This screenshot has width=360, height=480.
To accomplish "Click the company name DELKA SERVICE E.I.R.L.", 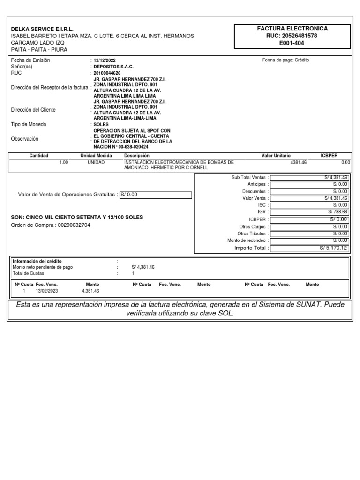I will (42, 29).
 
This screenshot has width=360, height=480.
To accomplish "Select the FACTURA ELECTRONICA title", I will (292, 29).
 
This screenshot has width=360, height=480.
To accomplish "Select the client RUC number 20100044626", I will (107, 73).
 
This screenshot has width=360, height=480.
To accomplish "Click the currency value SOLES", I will (101, 125).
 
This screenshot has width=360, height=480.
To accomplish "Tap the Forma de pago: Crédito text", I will (285, 60).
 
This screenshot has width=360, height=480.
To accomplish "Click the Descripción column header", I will (136, 155).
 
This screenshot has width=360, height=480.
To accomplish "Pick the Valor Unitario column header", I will (276, 155).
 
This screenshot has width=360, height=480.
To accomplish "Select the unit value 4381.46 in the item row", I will (299, 162).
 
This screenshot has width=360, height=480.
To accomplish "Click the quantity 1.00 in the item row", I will (63, 162).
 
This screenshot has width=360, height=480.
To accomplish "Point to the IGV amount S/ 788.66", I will (337, 212).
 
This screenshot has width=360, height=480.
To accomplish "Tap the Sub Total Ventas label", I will (248, 178).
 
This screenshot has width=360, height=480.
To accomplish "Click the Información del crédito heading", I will (37, 261).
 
